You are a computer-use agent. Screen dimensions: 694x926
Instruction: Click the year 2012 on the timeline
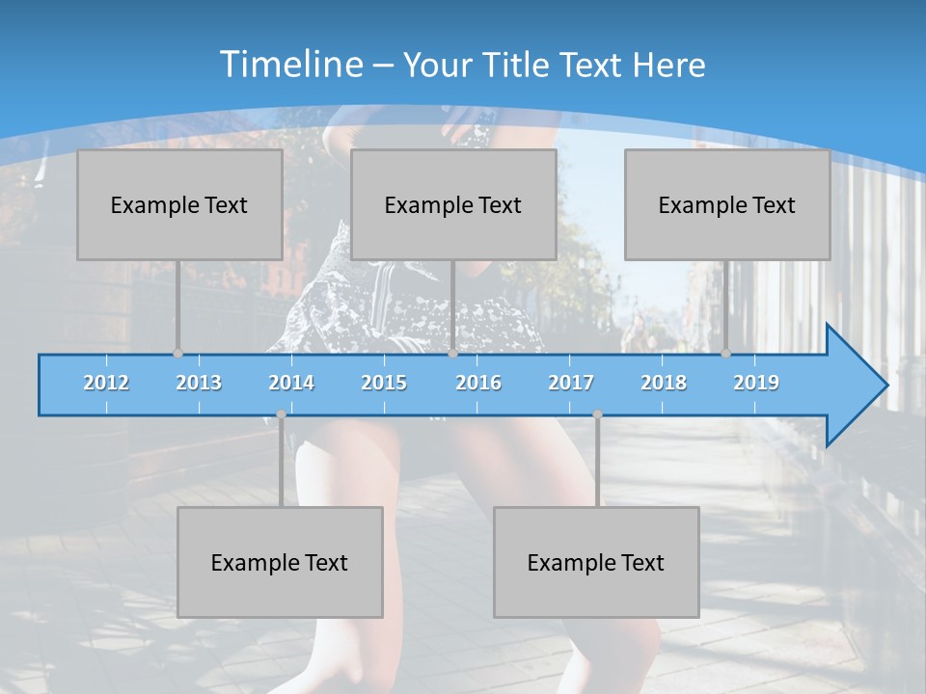coord(106,383)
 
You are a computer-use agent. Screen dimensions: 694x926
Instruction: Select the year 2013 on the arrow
coord(199,383)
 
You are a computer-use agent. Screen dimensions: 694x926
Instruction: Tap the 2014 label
coord(291,383)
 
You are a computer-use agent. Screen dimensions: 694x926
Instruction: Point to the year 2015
coord(384,383)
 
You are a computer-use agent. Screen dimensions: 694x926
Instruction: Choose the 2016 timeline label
coord(478,383)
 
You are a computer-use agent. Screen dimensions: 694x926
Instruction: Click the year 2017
coord(571,383)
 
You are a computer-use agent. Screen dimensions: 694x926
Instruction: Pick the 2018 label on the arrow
coord(664,383)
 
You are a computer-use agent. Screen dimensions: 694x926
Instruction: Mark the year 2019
coord(756,383)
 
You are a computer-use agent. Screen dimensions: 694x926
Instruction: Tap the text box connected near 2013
coord(179,204)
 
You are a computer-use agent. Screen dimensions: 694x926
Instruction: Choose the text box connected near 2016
coord(453,204)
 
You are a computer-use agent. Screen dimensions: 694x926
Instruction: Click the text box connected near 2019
coord(727,204)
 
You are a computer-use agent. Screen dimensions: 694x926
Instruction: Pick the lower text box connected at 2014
coord(280,562)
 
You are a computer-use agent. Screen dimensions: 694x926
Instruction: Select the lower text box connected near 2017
coord(596,562)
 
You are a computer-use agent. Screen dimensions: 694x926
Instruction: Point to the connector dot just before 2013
coord(177,354)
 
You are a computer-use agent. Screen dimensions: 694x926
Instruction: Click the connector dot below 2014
coord(281,414)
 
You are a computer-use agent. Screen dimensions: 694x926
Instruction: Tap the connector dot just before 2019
coord(725,354)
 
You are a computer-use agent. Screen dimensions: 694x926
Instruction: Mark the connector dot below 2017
coord(597,414)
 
